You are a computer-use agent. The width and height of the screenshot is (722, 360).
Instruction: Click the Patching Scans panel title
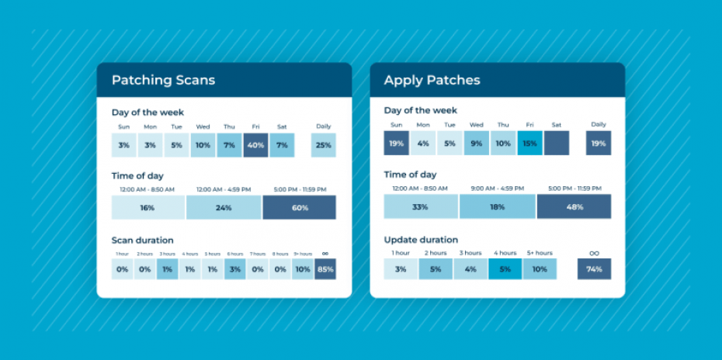[x=163, y=80]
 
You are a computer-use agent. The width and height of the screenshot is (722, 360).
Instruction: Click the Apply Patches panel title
[x=432, y=80]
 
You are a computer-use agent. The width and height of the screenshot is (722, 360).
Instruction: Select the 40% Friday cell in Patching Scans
[x=255, y=145]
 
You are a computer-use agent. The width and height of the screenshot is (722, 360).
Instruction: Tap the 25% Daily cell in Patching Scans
[x=323, y=145]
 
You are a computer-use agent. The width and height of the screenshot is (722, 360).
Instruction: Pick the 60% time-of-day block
[x=299, y=208]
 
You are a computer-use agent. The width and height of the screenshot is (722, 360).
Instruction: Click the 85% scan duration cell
[x=325, y=269]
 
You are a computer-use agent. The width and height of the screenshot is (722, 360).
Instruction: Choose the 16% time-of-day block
[x=148, y=208]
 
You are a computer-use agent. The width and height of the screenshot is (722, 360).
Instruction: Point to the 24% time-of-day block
[x=224, y=208]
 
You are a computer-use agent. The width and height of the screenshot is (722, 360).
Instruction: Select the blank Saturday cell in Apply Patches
[x=556, y=144]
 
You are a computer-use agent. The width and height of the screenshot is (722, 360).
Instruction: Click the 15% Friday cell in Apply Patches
[x=530, y=144]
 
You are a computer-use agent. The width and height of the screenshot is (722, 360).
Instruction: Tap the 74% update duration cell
[x=594, y=269]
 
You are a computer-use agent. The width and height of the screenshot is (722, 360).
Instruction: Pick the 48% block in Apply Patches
[x=574, y=207]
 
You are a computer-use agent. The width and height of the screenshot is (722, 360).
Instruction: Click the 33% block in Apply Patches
[x=421, y=207]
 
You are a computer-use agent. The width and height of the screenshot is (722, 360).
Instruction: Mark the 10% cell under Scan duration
[x=303, y=269]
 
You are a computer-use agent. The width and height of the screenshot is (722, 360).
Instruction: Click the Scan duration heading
[x=142, y=240]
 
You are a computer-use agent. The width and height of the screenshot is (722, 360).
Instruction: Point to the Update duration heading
[x=421, y=240]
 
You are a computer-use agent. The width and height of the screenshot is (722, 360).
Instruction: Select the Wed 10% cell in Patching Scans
[x=203, y=145]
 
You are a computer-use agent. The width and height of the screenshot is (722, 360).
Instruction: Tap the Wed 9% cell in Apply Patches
[x=477, y=144]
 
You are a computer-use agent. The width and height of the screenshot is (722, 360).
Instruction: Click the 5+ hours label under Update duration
[x=539, y=253]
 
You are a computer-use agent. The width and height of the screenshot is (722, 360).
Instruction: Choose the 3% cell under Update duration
[x=400, y=269]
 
